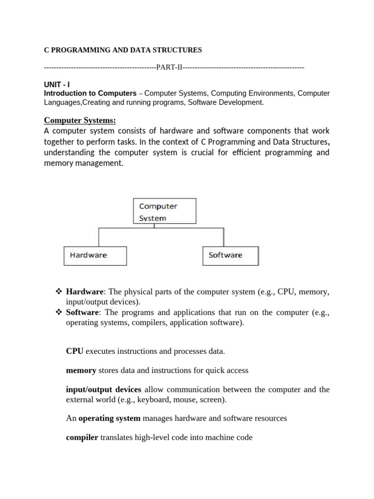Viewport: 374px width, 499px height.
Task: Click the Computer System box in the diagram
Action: tap(165, 211)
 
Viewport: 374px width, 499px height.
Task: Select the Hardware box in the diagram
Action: tap(95, 255)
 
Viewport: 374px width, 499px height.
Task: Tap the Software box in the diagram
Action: tap(230, 255)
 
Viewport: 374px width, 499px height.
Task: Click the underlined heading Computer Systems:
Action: tap(80, 120)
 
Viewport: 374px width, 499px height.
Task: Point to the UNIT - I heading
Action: tap(57, 84)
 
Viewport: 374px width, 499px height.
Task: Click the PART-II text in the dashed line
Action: tap(168, 67)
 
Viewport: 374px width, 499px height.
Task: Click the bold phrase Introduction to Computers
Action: tap(90, 93)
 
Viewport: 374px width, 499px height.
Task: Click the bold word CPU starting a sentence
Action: tap(75, 351)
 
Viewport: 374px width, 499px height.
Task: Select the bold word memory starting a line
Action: tap(81, 370)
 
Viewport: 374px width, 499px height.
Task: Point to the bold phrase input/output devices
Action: tap(104, 389)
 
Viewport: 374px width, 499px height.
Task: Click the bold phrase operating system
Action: tap(110, 418)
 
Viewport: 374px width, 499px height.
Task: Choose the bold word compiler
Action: tap(82, 438)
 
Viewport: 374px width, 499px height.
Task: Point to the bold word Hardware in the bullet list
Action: tap(85, 292)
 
